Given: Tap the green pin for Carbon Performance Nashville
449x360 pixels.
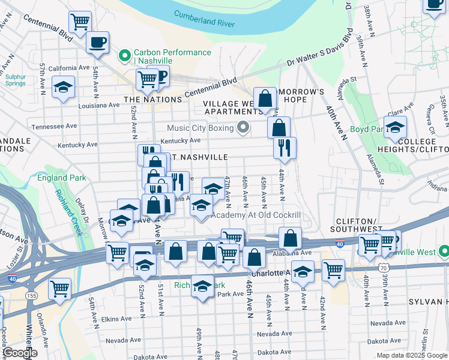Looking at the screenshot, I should tap(125, 56).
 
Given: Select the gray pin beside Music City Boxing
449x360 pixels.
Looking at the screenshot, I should tap(243, 127).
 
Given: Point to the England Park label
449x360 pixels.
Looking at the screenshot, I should tap(61, 178).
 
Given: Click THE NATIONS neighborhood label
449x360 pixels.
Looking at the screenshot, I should tap(152, 100).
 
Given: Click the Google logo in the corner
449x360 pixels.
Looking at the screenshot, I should tap(20, 353).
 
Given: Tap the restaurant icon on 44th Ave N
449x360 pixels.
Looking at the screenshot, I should tap(285, 147).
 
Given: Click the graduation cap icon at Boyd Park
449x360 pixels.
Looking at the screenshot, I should tap(395, 127).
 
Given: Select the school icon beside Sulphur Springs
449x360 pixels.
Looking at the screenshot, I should tap(63, 87).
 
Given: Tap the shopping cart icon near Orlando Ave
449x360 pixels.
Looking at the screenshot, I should tap(60, 289).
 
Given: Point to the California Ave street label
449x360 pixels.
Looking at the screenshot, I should tap(63, 68).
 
